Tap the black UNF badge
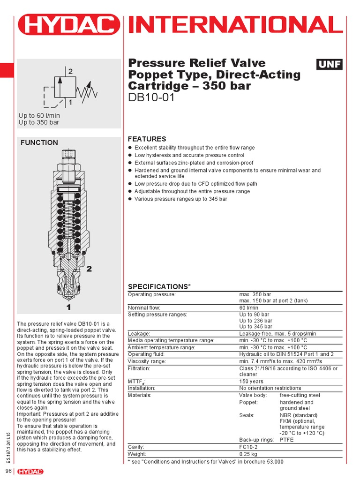point(330,64)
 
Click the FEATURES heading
point(147,139)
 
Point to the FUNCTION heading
point(39,142)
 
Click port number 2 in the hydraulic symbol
point(71,72)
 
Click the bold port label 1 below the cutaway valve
point(68,307)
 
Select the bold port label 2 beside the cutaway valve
point(89,269)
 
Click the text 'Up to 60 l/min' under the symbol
point(39,115)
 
